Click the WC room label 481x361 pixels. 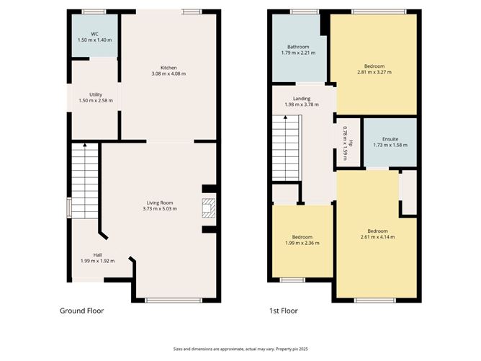coord(94,34)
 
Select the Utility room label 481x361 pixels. coord(95,94)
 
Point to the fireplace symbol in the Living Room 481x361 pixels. coord(207,208)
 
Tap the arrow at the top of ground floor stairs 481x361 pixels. coord(85,146)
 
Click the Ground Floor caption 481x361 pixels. coord(81,311)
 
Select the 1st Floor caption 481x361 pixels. coord(282,311)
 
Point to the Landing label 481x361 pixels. coord(302,99)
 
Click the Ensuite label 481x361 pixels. coord(390,138)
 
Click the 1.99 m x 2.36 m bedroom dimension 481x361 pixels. coord(302,243)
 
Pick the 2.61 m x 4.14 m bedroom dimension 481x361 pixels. coord(377,237)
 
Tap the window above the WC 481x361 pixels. coord(94,12)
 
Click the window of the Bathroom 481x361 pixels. coord(305,12)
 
